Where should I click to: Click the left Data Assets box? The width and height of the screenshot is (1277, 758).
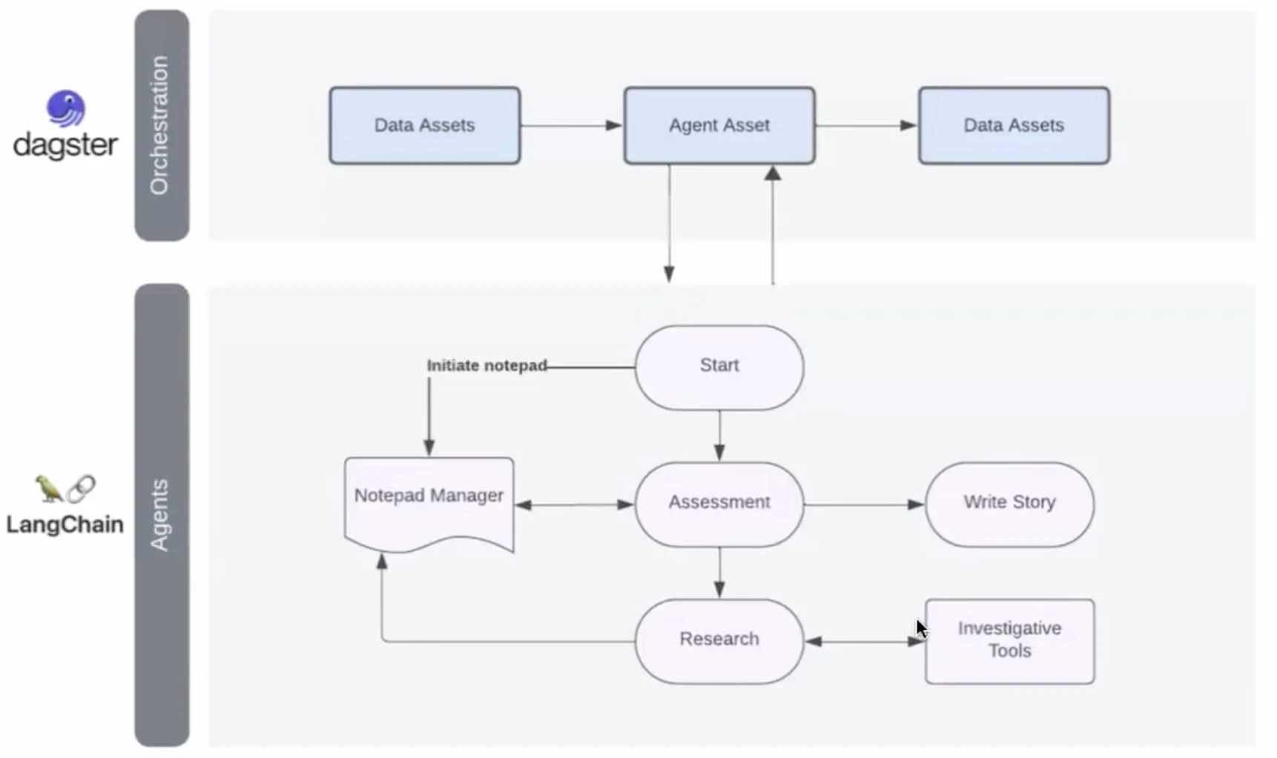[425, 125]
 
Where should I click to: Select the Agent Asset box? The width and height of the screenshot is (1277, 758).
[719, 125]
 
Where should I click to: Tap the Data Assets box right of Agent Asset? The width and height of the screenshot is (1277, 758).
[1014, 125]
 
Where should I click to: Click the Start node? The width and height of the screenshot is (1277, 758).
[719, 367]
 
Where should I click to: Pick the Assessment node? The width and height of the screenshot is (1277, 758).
[719, 504]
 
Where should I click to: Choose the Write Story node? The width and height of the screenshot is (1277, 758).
[1009, 504]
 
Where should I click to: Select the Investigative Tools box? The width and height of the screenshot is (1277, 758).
[1009, 642]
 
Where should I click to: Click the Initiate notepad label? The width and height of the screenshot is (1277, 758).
[486, 366]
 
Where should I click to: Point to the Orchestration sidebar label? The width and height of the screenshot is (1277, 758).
[159, 125]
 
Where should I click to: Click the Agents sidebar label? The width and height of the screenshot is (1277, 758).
[159, 515]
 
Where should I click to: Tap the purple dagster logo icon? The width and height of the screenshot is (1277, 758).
[66, 109]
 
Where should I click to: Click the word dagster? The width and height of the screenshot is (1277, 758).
[65, 145]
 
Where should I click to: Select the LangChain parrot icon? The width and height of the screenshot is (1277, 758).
[49, 488]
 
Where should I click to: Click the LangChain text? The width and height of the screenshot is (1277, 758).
[65, 525]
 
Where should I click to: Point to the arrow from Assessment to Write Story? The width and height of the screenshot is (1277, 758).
[865, 504]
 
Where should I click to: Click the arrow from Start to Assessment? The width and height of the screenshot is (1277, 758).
[719, 436]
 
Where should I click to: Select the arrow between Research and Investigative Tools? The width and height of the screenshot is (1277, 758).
[865, 642]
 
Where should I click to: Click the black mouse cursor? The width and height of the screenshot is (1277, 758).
[922, 629]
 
